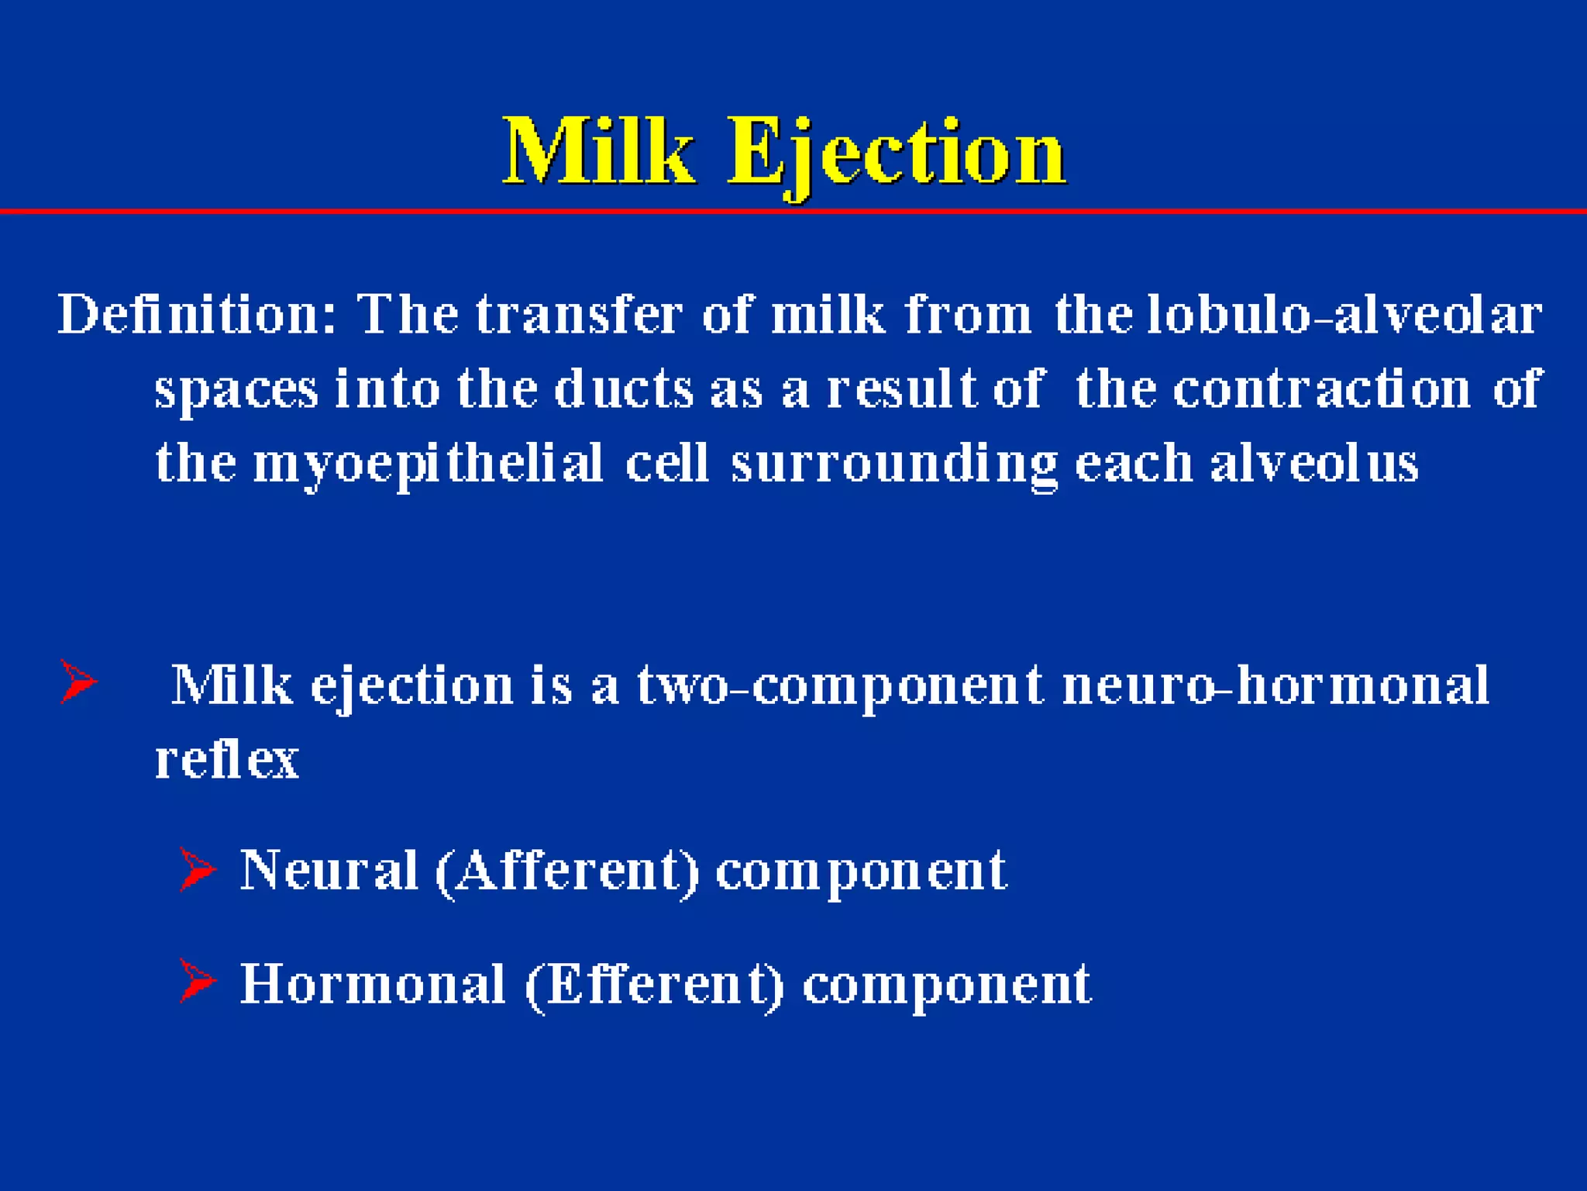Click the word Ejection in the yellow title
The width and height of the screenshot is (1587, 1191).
point(897,154)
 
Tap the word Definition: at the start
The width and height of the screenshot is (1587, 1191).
point(198,315)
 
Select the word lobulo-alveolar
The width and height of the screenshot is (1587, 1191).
point(1344,315)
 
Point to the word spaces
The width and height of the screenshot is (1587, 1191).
point(236,390)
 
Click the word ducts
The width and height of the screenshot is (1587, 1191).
point(624,388)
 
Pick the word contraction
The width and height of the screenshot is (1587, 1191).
point(1321,388)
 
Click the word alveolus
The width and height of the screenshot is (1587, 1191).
point(1314,463)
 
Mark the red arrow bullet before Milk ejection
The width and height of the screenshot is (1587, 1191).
point(78,682)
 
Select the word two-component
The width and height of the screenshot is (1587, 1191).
point(840,685)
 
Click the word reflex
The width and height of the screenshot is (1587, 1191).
point(227,759)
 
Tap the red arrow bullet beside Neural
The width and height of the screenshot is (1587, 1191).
point(197,869)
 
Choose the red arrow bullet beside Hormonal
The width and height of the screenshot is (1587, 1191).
point(197,981)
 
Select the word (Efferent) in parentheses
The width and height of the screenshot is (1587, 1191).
point(655,984)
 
